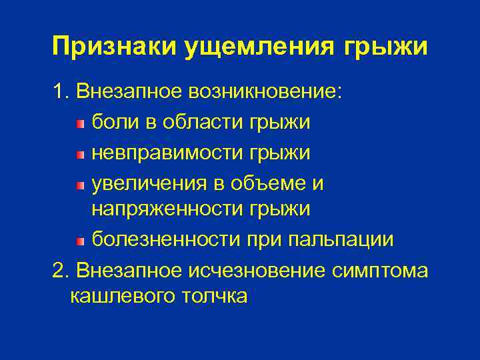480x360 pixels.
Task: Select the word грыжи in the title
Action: pos(386,47)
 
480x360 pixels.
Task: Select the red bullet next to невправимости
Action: pos(80,153)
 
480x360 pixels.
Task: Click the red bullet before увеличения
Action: pos(80,183)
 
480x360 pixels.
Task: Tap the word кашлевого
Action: pos(120,296)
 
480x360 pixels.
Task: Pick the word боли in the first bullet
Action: pos(113,122)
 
